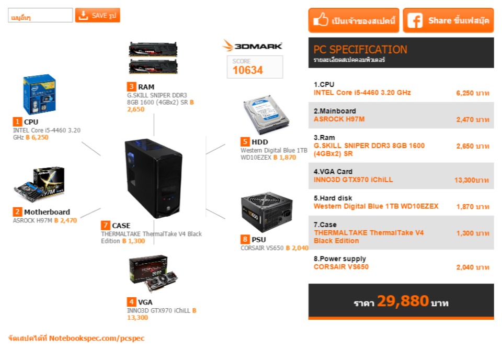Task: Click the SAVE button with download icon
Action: [x=97, y=15]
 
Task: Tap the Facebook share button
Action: [x=448, y=20]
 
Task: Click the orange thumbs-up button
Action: [x=353, y=20]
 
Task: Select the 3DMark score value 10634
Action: [x=248, y=70]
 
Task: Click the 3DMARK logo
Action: [x=252, y=46]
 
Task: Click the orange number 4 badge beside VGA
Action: [x=131, y=302]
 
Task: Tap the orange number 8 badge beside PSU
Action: [x=245, y=239]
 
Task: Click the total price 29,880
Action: [x=403, y=301]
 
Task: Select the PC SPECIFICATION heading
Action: [x=360, y=50]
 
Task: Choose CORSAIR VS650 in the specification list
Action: [x=341, y=267]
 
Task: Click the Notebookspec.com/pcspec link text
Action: [x=97, y=338]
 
